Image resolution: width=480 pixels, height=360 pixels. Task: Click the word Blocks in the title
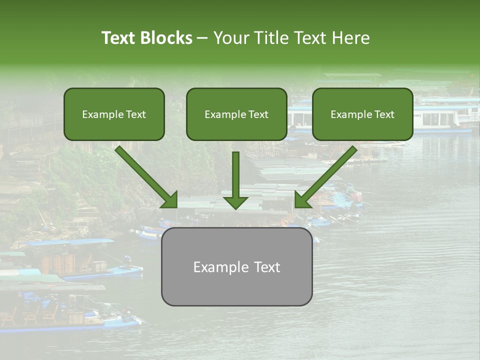pyautogui.click(x=167, y=38)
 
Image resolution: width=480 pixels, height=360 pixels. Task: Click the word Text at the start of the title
pyautogui.click(x=119, y=38)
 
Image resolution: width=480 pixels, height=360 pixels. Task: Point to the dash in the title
pyautogui.click(x=202, y=38)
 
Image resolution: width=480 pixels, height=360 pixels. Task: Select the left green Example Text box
pyautogui.click(x=114, y=114)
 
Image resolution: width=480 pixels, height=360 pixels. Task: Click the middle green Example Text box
pyautogui.click(x=236, y=114)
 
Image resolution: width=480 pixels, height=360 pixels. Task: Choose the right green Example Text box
pyautogui.click(x=362, y=114)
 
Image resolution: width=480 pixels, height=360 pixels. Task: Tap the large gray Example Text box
pyautogui.click(x=236, y=266)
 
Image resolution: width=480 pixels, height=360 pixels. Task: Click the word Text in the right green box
pyautogui.click(x=384, y=114)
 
